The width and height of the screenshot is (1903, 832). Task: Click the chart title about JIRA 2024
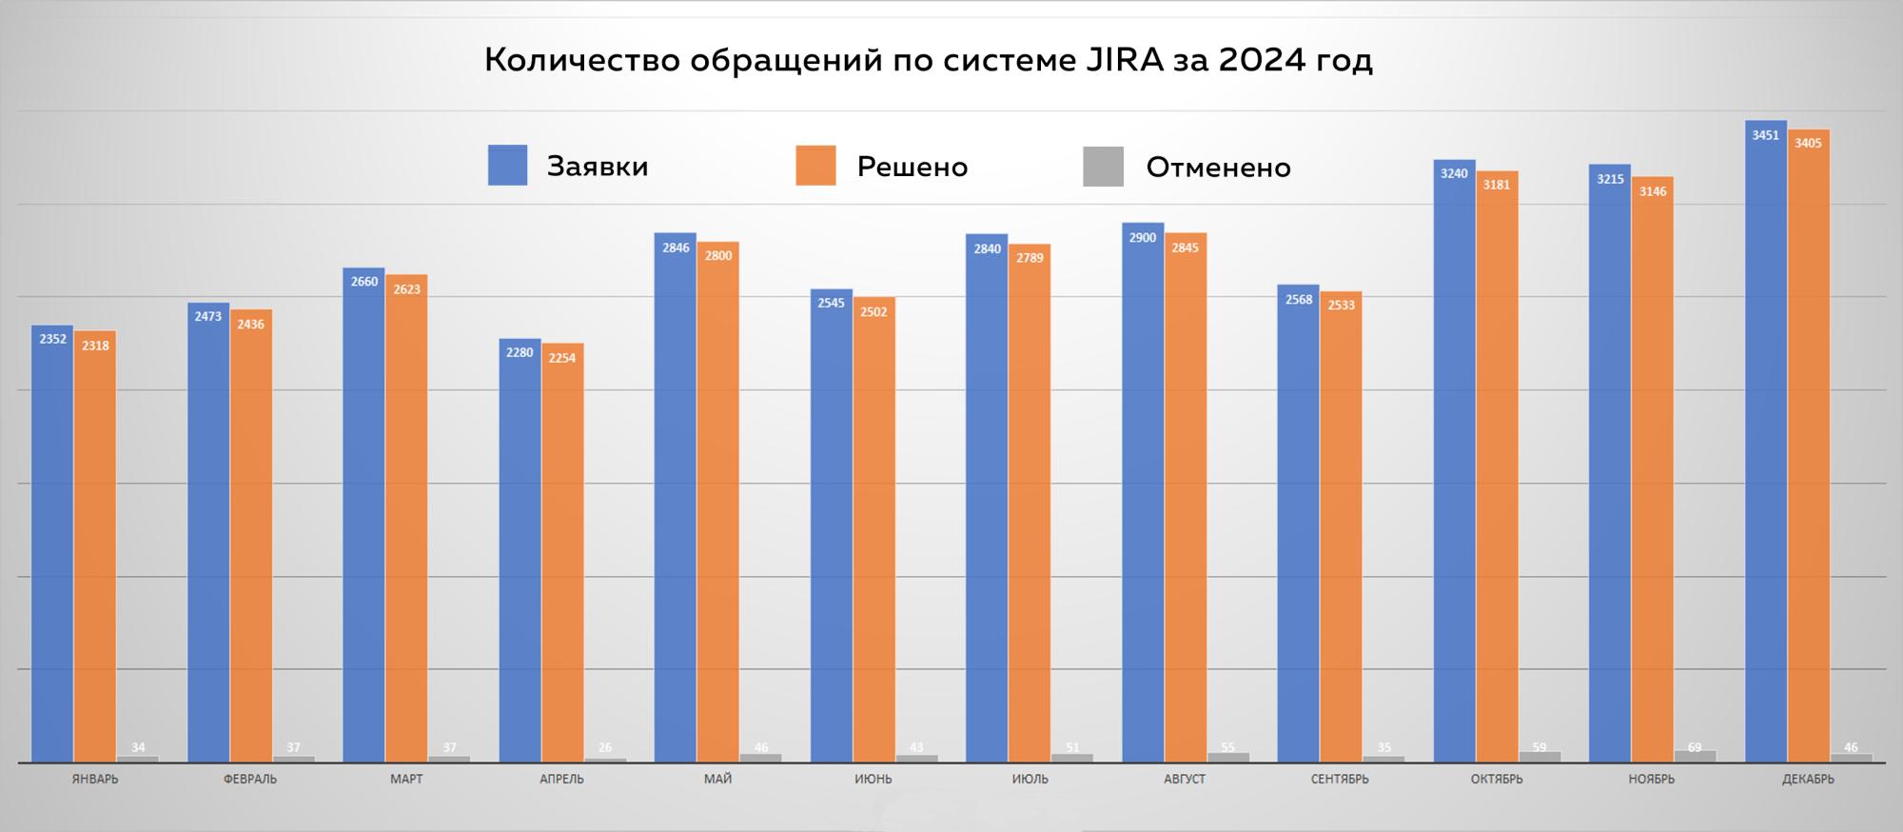tap(928, 61)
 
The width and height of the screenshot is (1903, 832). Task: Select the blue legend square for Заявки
tap(507, 166)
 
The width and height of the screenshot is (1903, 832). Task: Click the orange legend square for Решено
tap(815, 166)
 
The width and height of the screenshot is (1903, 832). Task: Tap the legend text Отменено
tap(1218, 168)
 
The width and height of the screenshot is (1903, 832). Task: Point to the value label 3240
tap(1454, 173)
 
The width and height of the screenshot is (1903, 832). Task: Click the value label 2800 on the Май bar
tap(718, 255)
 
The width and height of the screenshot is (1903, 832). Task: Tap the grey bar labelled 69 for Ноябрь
tap(1695, 757)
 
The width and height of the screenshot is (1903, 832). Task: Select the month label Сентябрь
tap(1340, 780)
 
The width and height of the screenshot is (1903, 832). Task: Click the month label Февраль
tap(250, 780)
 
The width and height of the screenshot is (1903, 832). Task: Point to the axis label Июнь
tap(873, 780)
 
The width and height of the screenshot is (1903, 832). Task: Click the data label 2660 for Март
tap(363, 282)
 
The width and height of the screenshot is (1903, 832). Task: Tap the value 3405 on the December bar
tap(1808, 144)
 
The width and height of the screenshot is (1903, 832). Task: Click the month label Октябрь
tap(1497, 780)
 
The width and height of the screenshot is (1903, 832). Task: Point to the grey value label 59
tap(1540, 747)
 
